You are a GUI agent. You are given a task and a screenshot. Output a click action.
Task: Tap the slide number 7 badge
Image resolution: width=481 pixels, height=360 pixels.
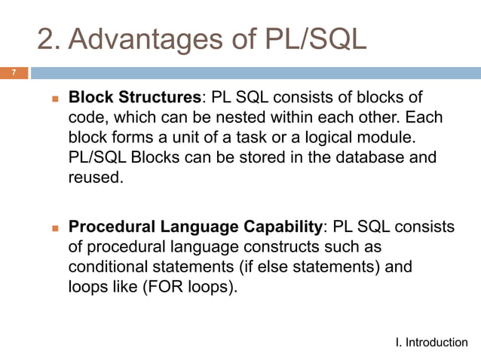pos(13,73)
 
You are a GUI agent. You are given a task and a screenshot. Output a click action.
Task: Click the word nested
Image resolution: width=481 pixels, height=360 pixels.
pos(271,118)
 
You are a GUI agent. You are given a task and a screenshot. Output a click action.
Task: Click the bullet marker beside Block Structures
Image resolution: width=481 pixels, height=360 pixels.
pos(55,99)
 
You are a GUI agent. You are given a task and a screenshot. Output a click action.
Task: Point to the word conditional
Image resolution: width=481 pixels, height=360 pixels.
pos(108,267)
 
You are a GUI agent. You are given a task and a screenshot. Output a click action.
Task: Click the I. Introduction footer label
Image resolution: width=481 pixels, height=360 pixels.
pos(431,343)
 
